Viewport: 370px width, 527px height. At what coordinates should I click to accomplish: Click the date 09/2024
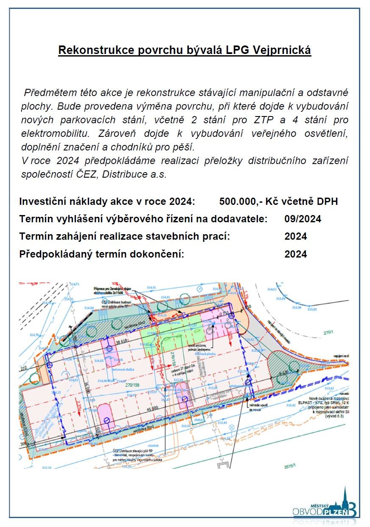(303, 219)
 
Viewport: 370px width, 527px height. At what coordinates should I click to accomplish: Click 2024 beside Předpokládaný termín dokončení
(296, 254)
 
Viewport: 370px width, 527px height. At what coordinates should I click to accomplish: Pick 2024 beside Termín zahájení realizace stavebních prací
(296, 236)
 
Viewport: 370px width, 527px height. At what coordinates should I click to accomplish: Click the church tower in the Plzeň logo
(345, 497)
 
